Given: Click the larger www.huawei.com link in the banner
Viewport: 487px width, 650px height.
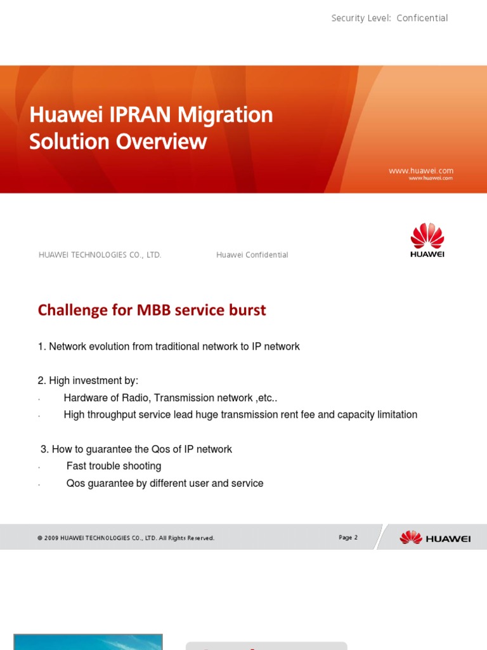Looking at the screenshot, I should coord(421,171).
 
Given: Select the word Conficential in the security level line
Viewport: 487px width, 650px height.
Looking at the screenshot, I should coord(422,18).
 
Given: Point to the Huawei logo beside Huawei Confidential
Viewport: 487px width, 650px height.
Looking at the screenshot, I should coord(427,240).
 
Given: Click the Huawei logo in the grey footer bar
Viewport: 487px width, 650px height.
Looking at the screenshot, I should coord(435,538).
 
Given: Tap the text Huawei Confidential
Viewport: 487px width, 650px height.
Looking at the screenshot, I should coord(252,255).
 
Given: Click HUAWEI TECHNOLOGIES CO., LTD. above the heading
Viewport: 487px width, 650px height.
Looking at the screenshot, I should coord(100,255).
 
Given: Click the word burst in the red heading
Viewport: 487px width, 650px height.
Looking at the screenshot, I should coord(247,310).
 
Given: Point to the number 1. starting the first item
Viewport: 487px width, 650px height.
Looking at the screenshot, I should coord(42,347).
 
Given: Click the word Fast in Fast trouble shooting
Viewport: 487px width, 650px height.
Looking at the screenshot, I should coord(76,467).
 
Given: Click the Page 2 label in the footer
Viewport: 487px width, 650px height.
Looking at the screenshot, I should coord(348,538).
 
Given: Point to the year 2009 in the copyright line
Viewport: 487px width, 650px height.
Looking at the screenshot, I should coord(51,538).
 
